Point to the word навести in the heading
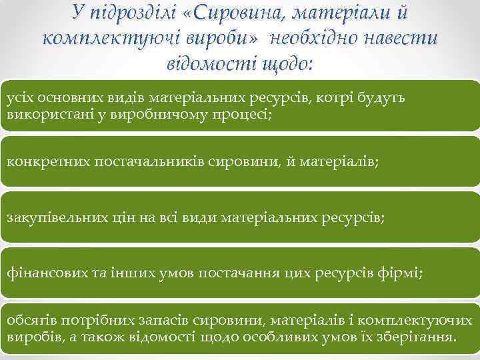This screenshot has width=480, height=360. pos(401,38)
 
